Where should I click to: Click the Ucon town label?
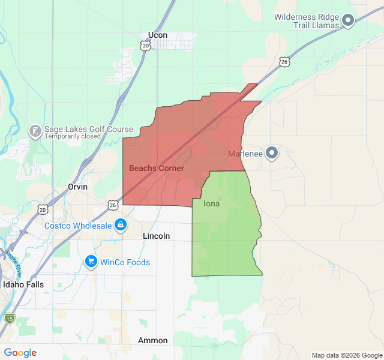coord(158,35)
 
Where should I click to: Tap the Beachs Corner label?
coord(157,169)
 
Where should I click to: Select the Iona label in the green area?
coord(212,204)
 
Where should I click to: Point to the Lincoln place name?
coord(157,236)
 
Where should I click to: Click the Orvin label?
coord(77,187)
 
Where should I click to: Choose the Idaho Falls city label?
coord(23,284)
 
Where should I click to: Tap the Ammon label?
coord(153,340)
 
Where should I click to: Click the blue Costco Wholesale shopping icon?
coord(121,225)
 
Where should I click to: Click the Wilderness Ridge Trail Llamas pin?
coord(348,22)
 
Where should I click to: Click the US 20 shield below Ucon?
coord(146,46)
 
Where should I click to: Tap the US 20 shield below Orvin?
coord(42,209)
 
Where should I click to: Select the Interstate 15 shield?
coord(9,317)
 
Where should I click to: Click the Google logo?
coord(20,353)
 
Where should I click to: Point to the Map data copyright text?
coord(346,355)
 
